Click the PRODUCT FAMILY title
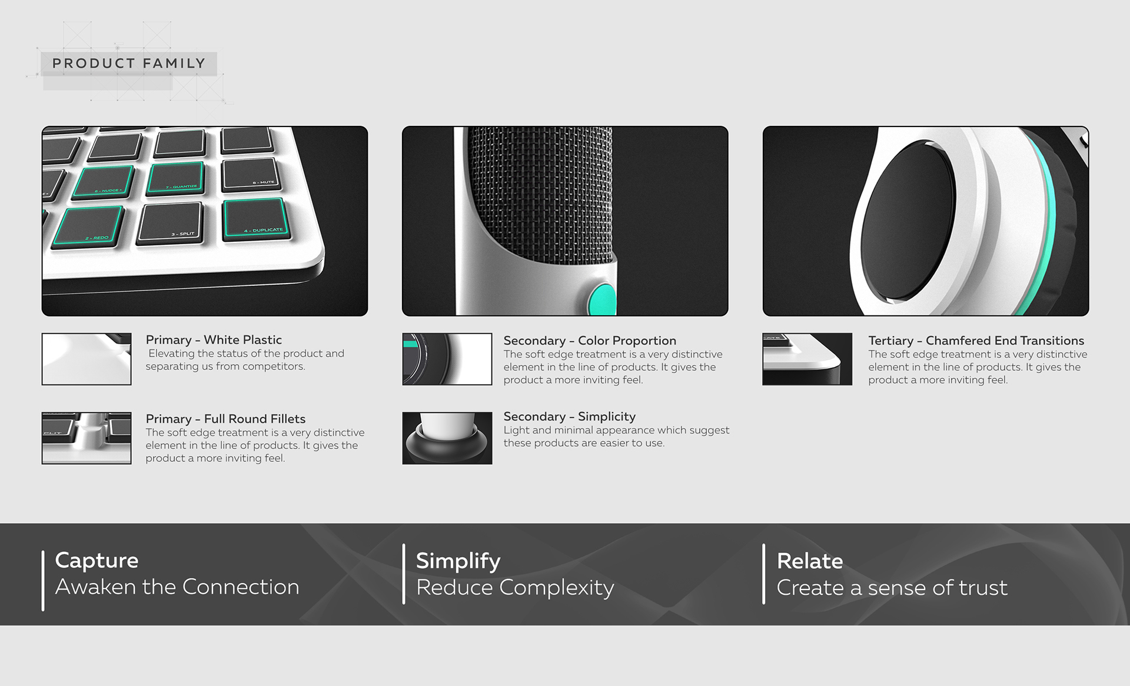[x=129, y=64]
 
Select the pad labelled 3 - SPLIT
[x=171, y=222]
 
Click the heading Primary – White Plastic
[x=214, y=340]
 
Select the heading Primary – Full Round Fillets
[x=225, y=419]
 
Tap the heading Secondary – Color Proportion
[x=590, y=341]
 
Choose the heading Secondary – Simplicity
[x=569, y=417]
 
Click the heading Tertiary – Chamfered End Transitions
[x=976, y=341]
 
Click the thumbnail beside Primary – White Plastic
[x=87, y=359]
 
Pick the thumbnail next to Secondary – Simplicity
[x=447, y=438]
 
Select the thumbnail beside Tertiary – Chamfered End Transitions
[x=807, y=359]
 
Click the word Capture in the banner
[x=97, y=560]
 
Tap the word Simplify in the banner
[x=458, y=561]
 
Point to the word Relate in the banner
[x=809, y=561]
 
